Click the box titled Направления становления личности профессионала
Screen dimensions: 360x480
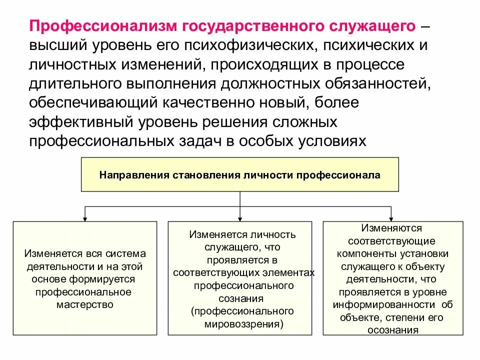tap(240, 174)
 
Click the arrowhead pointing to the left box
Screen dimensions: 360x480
tap(85, 218)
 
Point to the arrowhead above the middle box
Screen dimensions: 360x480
tap(240, 218)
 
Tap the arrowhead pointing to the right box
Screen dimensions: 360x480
tap(393, 218)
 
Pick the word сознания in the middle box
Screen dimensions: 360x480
tap(241, 298)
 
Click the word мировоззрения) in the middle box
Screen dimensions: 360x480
tap(243, 324)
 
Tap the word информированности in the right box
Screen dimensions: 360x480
tap(383, 304)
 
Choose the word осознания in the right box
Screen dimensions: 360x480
tap(392, 330)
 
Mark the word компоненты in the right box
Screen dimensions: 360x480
tap(360, 253)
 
